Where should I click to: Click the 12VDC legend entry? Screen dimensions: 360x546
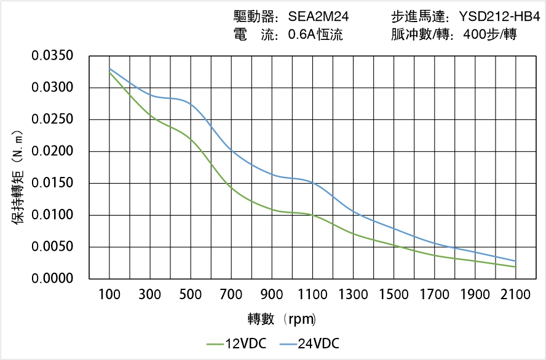click(237, 343)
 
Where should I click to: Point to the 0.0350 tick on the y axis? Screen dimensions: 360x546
click(53, 56)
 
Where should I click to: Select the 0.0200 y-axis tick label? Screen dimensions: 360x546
click(53, 152)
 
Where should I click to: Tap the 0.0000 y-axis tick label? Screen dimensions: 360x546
click(53, 279)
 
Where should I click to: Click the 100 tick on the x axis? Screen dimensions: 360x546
click(109, 295)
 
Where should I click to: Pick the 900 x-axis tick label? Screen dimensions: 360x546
click(272, 295)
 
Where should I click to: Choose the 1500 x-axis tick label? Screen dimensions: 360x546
click(394, 295)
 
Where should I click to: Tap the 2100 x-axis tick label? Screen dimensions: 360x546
click(515, 295)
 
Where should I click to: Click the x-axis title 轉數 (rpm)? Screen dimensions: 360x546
click(282, 319)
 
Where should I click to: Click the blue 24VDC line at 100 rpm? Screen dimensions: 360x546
click(109, 68)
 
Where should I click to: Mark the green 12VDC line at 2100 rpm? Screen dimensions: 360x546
click(515, 267)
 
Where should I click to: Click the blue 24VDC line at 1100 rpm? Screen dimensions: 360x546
click(312, 182)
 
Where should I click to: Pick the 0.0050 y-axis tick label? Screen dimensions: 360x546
click(53, 247)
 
